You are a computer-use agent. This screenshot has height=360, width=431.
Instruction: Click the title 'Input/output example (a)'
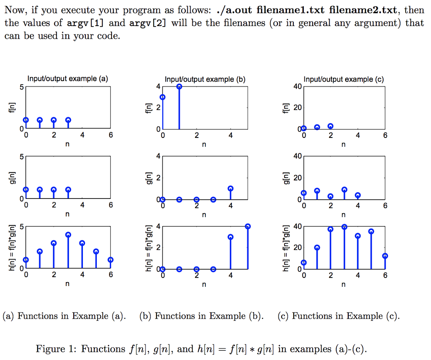[68, 79]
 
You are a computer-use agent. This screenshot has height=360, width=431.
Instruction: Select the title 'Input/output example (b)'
[205, 79]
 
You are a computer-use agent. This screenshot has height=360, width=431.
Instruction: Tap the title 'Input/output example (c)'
[343, 79]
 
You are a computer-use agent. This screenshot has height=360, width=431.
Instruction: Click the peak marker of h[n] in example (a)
[68, 235]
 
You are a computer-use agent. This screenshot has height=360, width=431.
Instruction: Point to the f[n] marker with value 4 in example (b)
[179, 87]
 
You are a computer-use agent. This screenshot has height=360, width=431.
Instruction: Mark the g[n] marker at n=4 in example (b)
[231, 189]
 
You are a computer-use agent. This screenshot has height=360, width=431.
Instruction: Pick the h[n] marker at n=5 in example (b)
[247, 226]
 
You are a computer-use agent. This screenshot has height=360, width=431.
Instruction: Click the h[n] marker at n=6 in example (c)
[385, 256]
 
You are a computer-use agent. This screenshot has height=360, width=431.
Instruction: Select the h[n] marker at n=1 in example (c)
[317, 247]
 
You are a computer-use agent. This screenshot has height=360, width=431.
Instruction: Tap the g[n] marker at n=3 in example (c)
[344, 190]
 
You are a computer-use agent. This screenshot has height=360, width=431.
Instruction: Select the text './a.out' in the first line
[238, 10]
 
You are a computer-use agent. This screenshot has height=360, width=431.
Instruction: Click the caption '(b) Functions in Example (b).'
[201, 316]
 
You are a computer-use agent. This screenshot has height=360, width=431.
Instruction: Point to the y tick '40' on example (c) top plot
[297, 87]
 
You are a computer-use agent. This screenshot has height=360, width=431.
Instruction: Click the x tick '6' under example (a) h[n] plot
[110, 275]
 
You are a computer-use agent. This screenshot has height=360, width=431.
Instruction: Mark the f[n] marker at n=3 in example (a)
[68, 120]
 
